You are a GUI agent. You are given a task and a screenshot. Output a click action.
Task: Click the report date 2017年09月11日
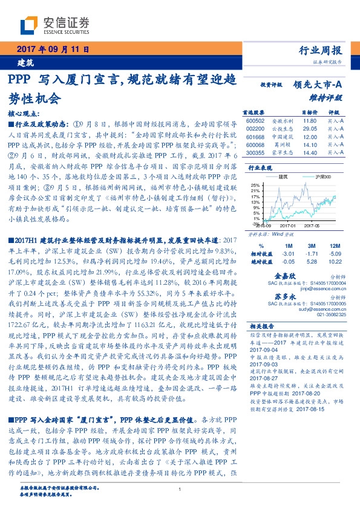coord(53,49)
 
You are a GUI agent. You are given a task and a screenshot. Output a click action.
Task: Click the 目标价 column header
coord(310,112)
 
